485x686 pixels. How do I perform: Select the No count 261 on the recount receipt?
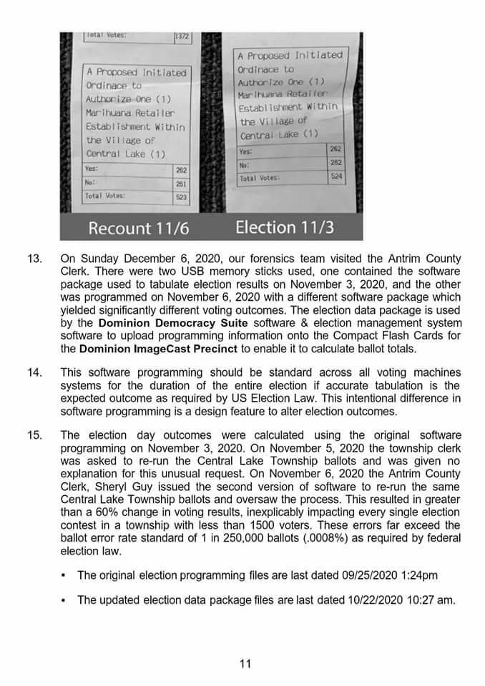click(181, 183)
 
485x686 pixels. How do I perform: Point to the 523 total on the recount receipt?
click(181, 196)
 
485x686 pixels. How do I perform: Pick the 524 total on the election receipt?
click(335, 176)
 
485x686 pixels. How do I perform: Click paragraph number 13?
click(34, 258)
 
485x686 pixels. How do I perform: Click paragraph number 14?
click(34, 372)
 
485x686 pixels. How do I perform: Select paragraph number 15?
click(34, 435)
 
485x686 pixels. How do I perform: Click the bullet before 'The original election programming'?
click(64, 575)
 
